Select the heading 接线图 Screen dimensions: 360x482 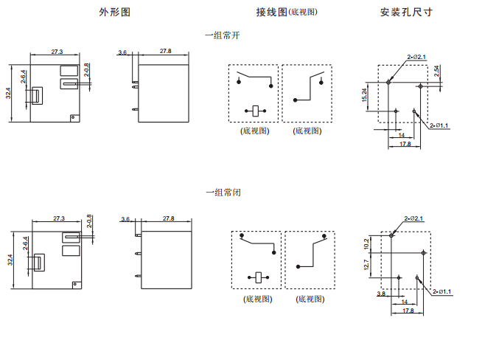tap(271, 13)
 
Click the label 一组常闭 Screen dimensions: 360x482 tap(223, 193)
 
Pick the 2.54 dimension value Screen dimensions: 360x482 tap(437, 72)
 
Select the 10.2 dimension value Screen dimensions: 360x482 tap(367, 244)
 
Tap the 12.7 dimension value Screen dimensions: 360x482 tap(367, 264)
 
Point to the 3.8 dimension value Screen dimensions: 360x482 tap(380, 294)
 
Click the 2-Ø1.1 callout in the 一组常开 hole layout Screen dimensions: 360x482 tap(439, 125)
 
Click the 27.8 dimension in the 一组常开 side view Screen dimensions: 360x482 tap(166, 51)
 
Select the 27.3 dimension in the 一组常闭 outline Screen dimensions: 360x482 tap(60, 218)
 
